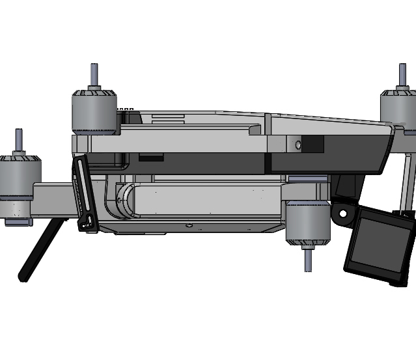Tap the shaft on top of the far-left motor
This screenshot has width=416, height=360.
(x=18, y=141)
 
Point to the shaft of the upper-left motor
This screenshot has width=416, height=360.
(x=94, y=75)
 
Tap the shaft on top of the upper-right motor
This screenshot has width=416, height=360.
(x=402, y=76)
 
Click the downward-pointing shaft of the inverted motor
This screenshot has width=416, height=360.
(x=308, y=259)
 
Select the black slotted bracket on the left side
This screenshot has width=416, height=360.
(x=85, y=194)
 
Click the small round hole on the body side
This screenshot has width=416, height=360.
(x=298, y=145)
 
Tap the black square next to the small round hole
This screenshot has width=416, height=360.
(x=314, y=145)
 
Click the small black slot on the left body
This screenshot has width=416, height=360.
(x=151, y=157)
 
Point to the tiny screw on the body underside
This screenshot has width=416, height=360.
(x=189, y=226)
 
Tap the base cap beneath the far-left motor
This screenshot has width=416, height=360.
(x=19, y=222)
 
